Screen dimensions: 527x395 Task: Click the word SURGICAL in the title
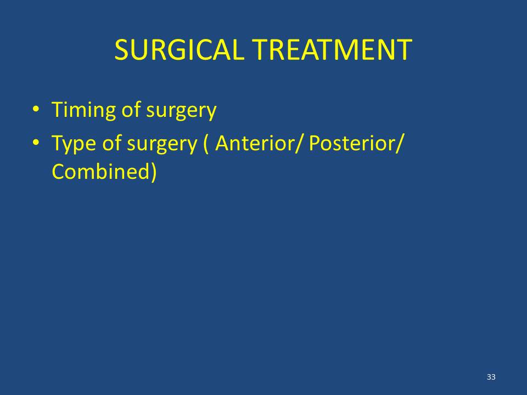(179, 50)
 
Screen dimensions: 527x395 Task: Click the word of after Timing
(131, 110)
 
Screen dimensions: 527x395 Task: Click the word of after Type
(111, 143)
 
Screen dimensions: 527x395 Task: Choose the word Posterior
(352, 143)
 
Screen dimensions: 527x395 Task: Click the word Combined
(100, 171)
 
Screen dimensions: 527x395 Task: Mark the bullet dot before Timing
(36, 109)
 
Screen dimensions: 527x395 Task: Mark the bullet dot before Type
(36, 143)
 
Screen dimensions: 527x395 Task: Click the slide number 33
(491, 377)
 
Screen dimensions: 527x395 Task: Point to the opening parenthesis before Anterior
(206, 144)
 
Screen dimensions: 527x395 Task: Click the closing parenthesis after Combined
(153, 172)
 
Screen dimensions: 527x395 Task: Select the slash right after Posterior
(399, 144)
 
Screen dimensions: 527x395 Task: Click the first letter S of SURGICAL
(121, 50)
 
